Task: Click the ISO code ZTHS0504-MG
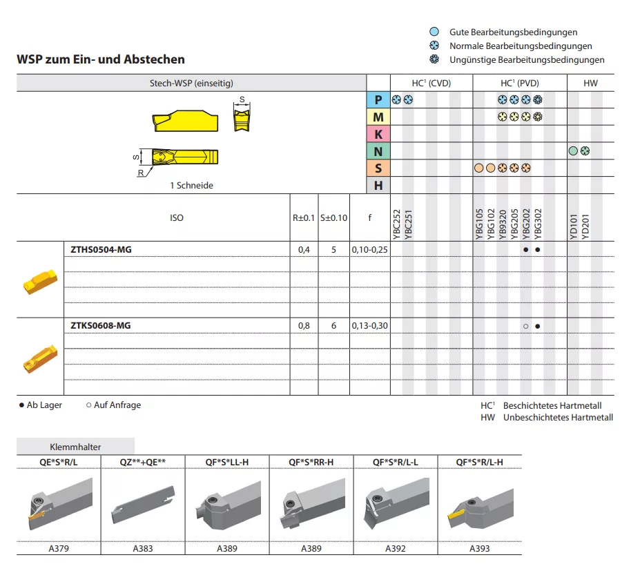[x=101, y=249]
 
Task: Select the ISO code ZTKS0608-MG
[x=100, y=326]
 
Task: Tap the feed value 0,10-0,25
[x=370, y=249]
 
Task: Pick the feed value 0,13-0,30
[x=370, y=326]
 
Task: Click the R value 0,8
[x=304, y=326]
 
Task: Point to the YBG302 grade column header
[x=538, y=224]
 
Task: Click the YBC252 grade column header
[x=396, y=224]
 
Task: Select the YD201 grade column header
[x=585, y=226]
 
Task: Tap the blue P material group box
[x=378, y=99]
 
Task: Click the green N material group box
[x=378, y=151]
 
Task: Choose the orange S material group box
[x=378, y=168]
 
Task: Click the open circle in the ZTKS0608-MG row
[x=525, y=326]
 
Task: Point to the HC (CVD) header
[x=431, y=84]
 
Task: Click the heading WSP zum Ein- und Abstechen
[x=101, y=59]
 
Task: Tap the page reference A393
[x=480, y=549]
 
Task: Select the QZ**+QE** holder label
[x=143, y=462]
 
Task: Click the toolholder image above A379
[x=60, y=505]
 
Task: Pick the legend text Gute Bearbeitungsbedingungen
[x=514, y=32]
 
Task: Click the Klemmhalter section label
[x=75, y=447]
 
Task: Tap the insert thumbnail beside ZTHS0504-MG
[x=40, y=281]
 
